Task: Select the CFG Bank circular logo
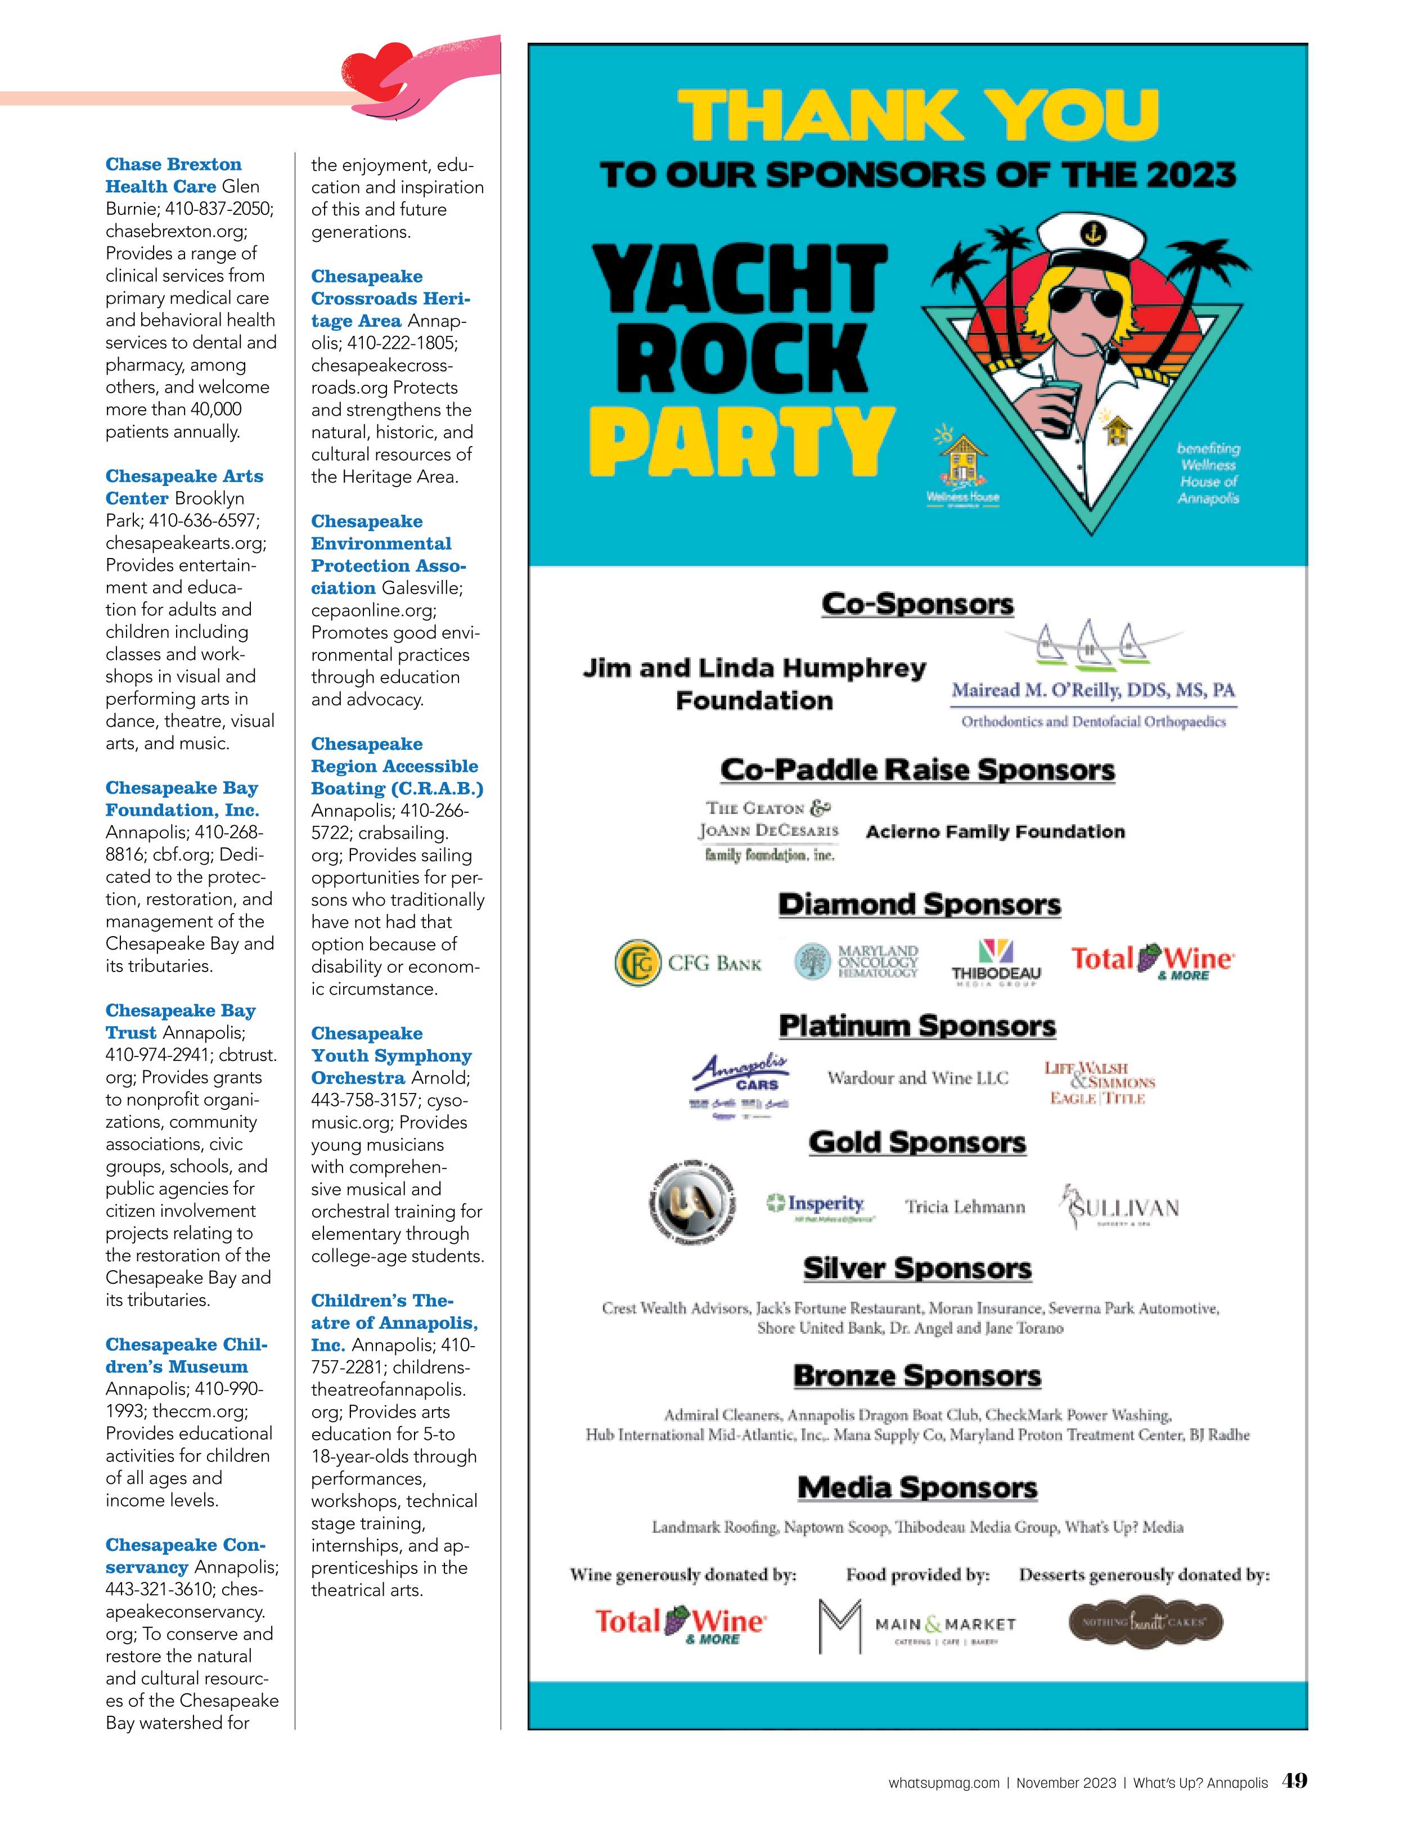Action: (637, 963)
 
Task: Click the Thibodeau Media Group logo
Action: (996, 962)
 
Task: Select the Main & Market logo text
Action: (945, 1624)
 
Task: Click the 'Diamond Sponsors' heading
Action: (919, 905)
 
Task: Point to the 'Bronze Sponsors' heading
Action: (916, 1375)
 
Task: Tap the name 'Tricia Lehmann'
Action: (964, 1207)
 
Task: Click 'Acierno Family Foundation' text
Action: (994, 832)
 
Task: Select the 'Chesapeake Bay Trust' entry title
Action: (181, 1021)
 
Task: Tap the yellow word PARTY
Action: (741, 440)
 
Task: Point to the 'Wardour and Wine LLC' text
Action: (917, 1078)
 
